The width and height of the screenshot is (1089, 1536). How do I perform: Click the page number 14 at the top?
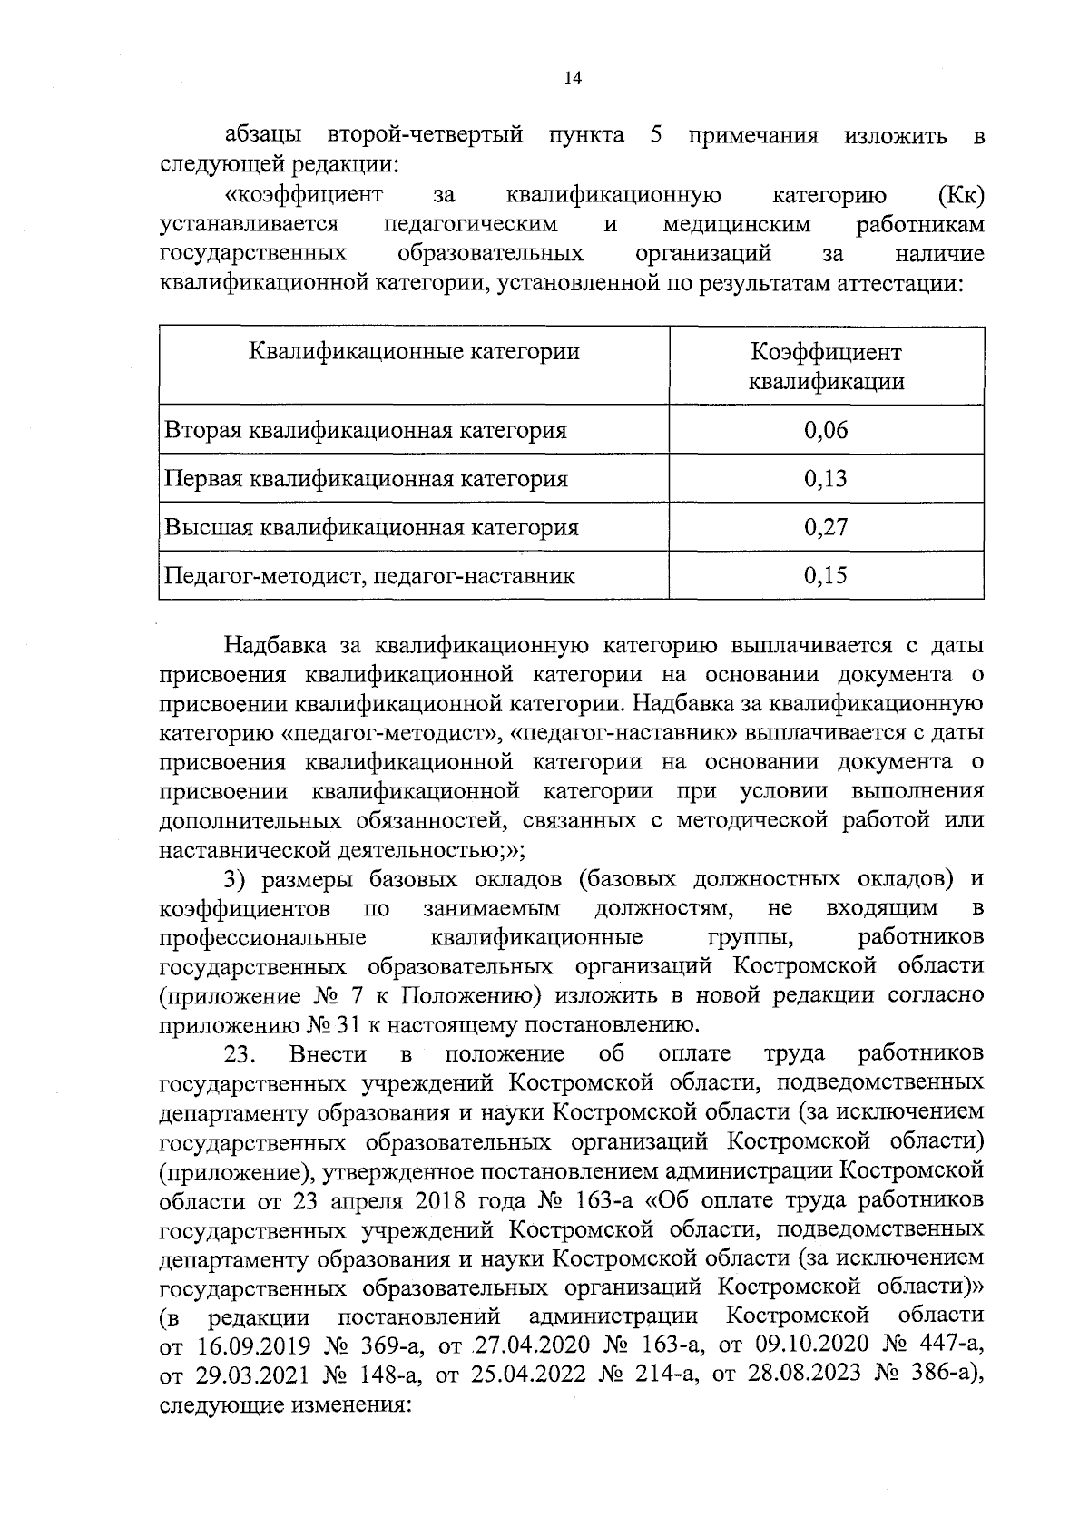tap(571, 79)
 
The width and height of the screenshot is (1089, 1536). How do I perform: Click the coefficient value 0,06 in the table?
tap(825, 430)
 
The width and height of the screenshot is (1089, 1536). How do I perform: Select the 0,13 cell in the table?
tap(825, 479)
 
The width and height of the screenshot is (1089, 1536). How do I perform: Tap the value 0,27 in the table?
tap(825, 527)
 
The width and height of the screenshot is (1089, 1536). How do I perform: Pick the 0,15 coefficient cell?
tap(825, 575)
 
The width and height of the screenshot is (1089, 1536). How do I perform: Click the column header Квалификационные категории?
tap(414, 351)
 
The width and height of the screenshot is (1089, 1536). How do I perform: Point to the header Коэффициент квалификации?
tap(825, 366)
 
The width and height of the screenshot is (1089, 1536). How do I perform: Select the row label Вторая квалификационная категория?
tap(365, 430)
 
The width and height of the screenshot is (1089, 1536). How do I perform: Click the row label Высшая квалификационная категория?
tap(370, 527)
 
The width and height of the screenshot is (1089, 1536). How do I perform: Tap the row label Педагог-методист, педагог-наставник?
tap(368, 575)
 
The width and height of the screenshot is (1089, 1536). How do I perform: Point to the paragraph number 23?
tap(241, 1054)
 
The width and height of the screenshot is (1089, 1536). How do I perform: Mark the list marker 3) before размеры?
tap(236, 879)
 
